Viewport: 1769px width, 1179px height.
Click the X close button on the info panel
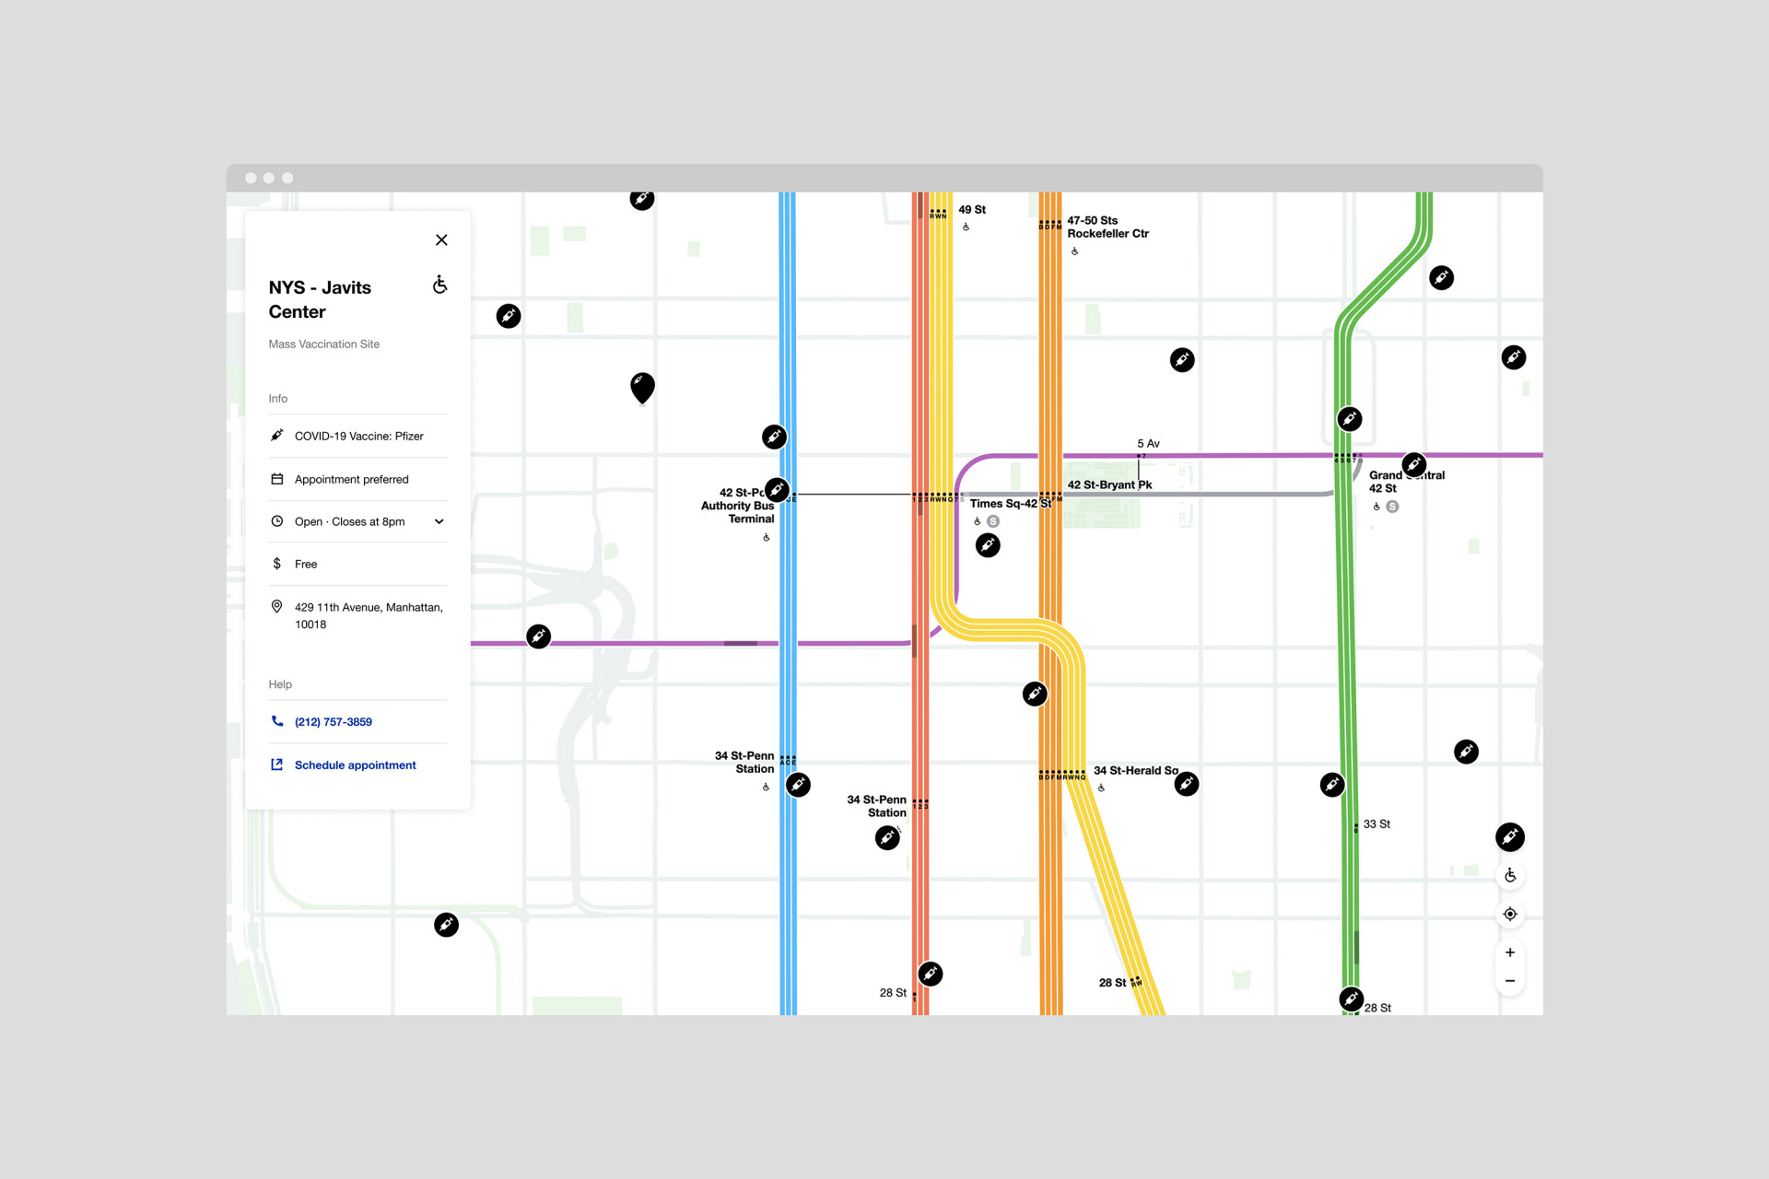pyautogui.click(x=441, y=240)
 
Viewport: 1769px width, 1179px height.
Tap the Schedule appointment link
pyautogui.click(x=355, y=765)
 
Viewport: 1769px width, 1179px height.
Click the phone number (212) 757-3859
pyautogui.click(x=333, y=722)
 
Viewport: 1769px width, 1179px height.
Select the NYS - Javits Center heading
pyautogui.click(x=320, y=299)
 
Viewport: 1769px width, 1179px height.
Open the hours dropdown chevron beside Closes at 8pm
pyautogui.click(x=439, y=521)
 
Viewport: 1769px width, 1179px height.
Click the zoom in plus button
pyautogui.click(x=1510, y=952)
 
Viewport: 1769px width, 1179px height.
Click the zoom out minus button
pyautogui.click(x=1510, y=981)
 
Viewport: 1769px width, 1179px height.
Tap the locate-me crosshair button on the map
pyautogui.click(x=1510, y=915)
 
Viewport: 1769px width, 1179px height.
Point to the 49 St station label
pyautogui.click(x=972, y=210)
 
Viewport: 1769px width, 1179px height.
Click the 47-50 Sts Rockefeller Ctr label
pyautogui.click(x=1107, y=228)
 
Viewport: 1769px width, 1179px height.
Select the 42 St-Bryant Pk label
pyautogui.click(x=1109, y=484)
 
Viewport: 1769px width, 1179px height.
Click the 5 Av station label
pyautogui.click(x=1148, y=444)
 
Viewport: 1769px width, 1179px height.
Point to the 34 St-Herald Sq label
pyautogui.click(x=1135, y=771)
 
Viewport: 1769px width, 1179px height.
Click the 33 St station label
pyautogui.click(x=1377, y=824)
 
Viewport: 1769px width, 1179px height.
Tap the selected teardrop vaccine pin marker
pyautogui.click(x=642, y=387)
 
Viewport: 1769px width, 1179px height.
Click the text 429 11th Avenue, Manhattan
pyautogui.click(x=369, y=608)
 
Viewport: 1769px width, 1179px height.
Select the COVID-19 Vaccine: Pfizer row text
pyautogui.click(x=358, y=437)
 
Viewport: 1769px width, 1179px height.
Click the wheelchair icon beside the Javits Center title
pyautogui.click(x=440, y=285)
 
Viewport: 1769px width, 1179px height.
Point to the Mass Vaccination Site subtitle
pyautogui.click(x=323, y=344)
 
